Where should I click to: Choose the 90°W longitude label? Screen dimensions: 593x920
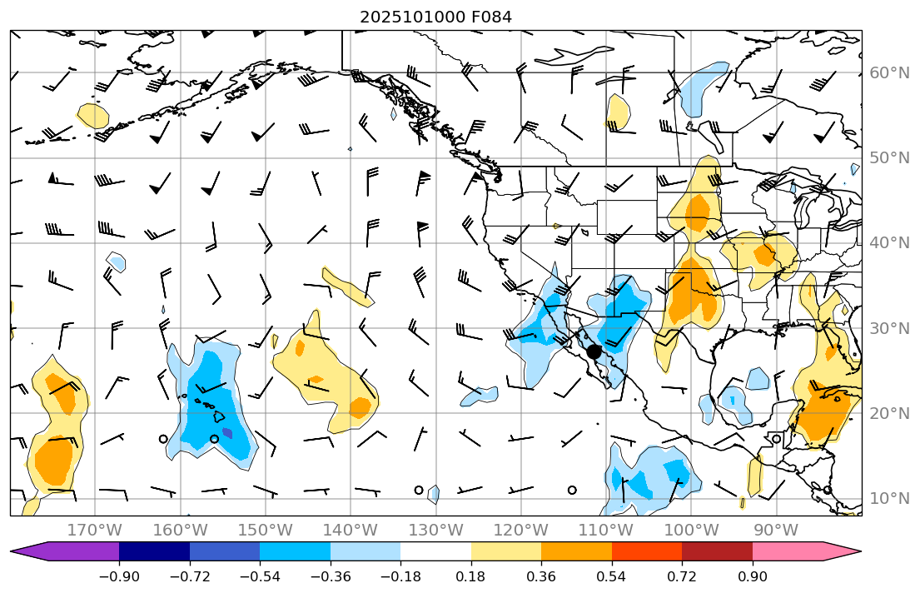tap(776, 530)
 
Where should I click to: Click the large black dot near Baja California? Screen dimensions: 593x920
tap(594, 351)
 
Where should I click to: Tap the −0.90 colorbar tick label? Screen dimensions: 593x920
tap(119, 576)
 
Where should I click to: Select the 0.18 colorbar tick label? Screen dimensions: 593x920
tap(471, 576)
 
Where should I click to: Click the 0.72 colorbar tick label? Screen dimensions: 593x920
tap(682, 576)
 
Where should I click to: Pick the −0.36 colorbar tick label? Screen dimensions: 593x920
tap(330, 576)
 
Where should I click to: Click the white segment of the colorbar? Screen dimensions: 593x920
tap(435, 551)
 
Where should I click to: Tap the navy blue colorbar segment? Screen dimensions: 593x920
tap(154, 551)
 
